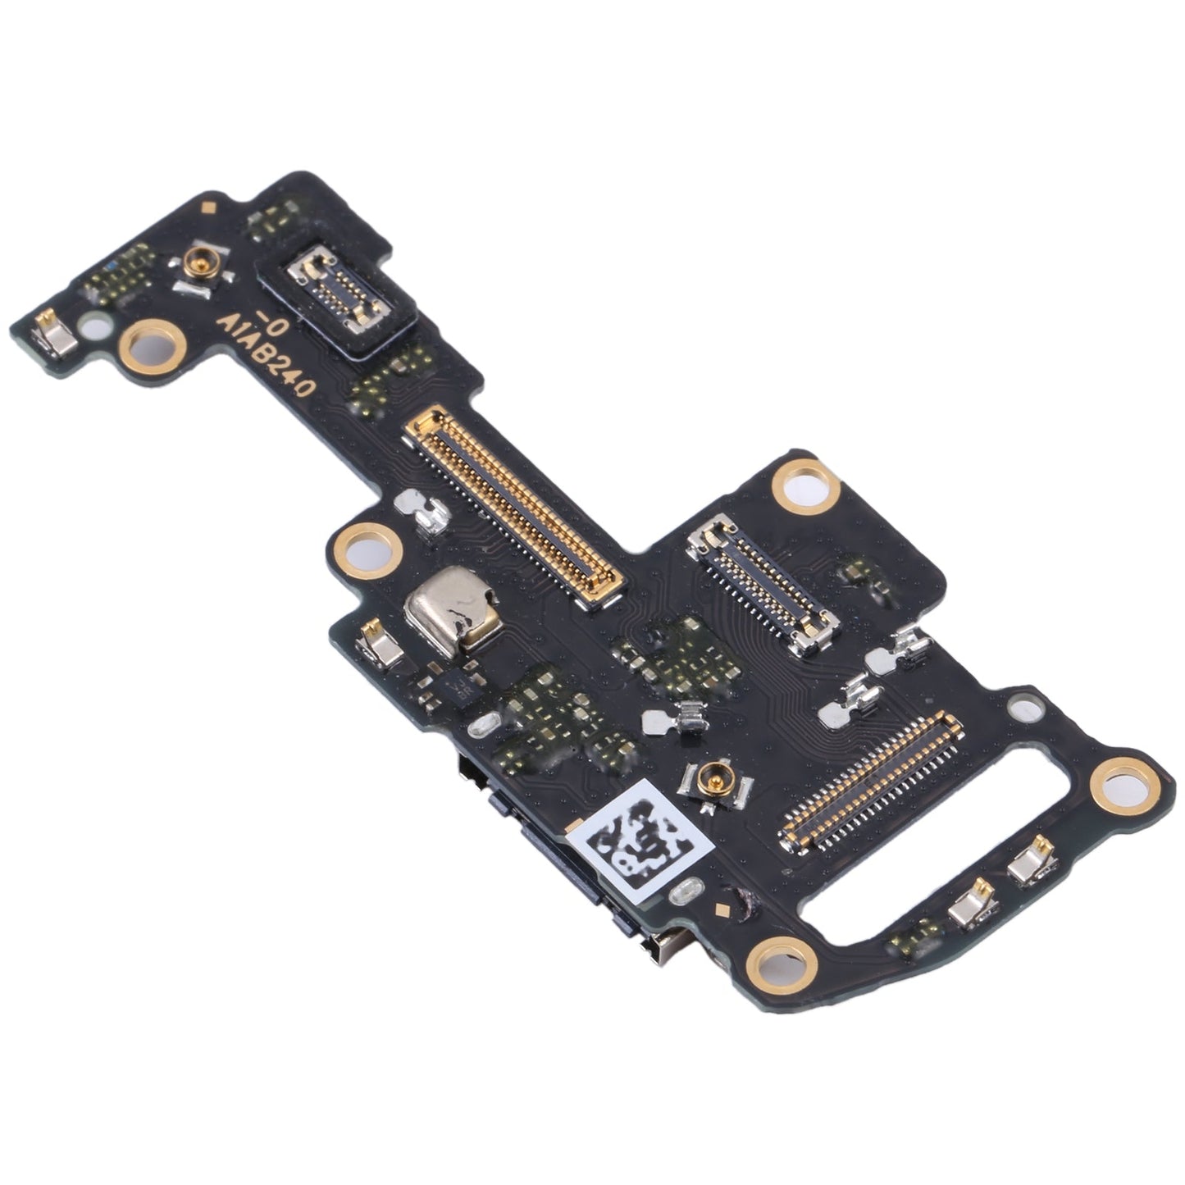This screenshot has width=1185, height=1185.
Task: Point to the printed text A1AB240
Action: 270,358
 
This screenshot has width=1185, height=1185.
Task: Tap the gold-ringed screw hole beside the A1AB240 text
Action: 152,342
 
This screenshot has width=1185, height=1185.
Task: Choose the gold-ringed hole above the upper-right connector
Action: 804,485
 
